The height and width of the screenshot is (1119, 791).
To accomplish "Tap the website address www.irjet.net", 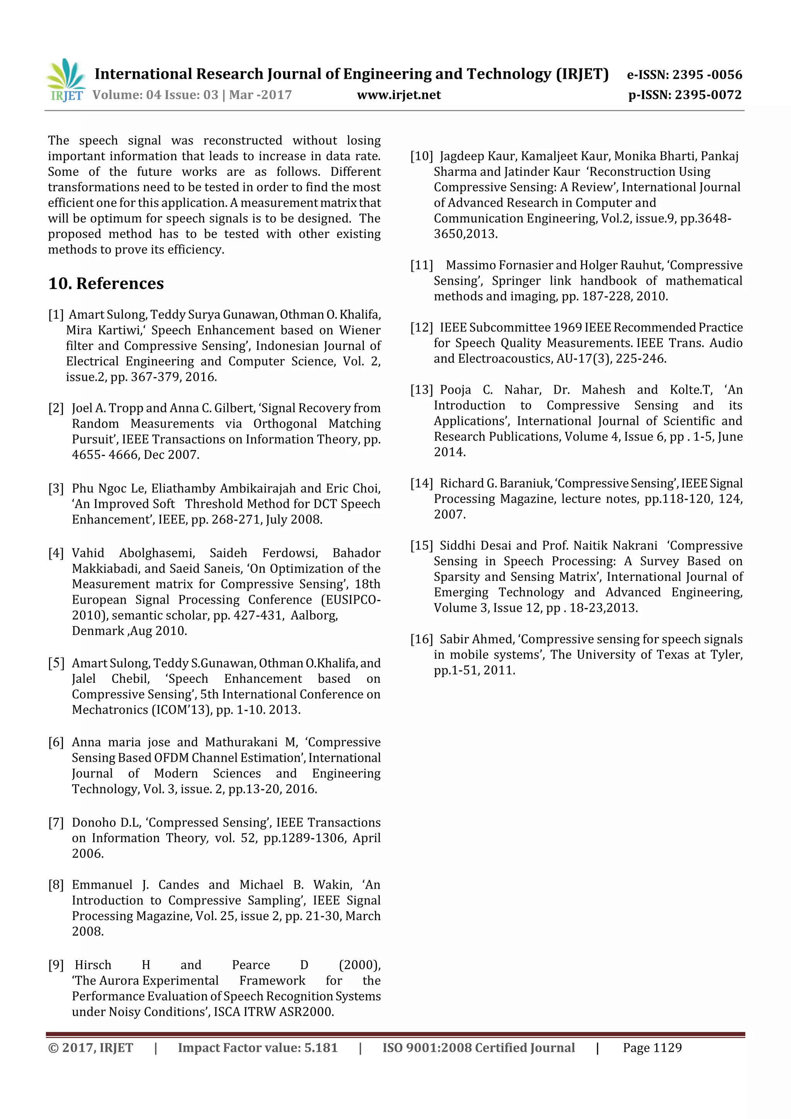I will click(399, 95).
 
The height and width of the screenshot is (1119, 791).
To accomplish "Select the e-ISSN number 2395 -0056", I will click(707, 75).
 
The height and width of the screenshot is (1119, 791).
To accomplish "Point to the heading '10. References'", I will click(106, 283).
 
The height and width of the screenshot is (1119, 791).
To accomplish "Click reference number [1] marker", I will click(56, 315).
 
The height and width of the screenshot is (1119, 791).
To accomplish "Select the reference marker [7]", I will click(56, 823).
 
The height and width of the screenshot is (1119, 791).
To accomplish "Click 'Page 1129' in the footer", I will click(652, 1048).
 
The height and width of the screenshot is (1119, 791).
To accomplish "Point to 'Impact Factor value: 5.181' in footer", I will click(257, 1048).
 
